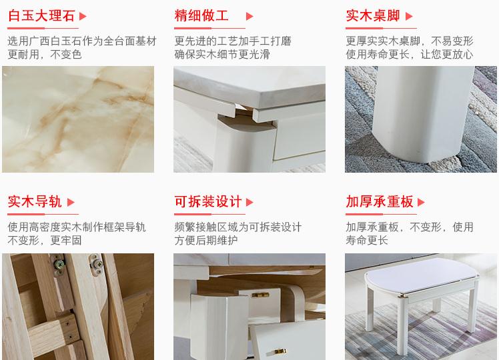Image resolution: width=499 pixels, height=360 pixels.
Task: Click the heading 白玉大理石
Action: pos(41,15)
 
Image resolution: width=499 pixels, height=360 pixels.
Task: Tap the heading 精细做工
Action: pos(201,15)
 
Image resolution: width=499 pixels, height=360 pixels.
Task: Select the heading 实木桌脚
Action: pos(373,15)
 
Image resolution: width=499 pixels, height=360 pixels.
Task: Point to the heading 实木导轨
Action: pos(35,201)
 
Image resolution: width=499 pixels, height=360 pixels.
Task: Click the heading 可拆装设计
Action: pos(207,201)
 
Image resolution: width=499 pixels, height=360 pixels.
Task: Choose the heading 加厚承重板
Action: pos(379,201)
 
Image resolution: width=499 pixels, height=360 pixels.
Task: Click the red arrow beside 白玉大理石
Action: pos(83,16)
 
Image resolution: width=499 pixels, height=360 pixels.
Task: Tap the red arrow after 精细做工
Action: pos(250,16)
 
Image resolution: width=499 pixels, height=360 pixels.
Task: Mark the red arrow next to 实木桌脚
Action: pos(409,16)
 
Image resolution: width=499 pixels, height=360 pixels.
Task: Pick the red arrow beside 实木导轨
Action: pos(71,202)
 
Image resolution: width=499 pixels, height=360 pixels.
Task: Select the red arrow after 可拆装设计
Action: pos(250,202)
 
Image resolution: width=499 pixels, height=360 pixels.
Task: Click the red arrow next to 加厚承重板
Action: pos(421,202)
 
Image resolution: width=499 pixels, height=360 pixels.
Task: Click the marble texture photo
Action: pos(77,119)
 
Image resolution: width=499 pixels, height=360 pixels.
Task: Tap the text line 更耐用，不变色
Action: pos(44,55)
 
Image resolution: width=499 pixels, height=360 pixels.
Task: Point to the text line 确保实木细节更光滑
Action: pos(222,55)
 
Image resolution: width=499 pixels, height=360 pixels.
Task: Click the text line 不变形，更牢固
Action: pos(44,240)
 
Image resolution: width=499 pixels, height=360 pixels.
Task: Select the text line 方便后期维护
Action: pos(206,240)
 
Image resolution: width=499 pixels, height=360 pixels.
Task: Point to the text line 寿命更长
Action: pos(366,240)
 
